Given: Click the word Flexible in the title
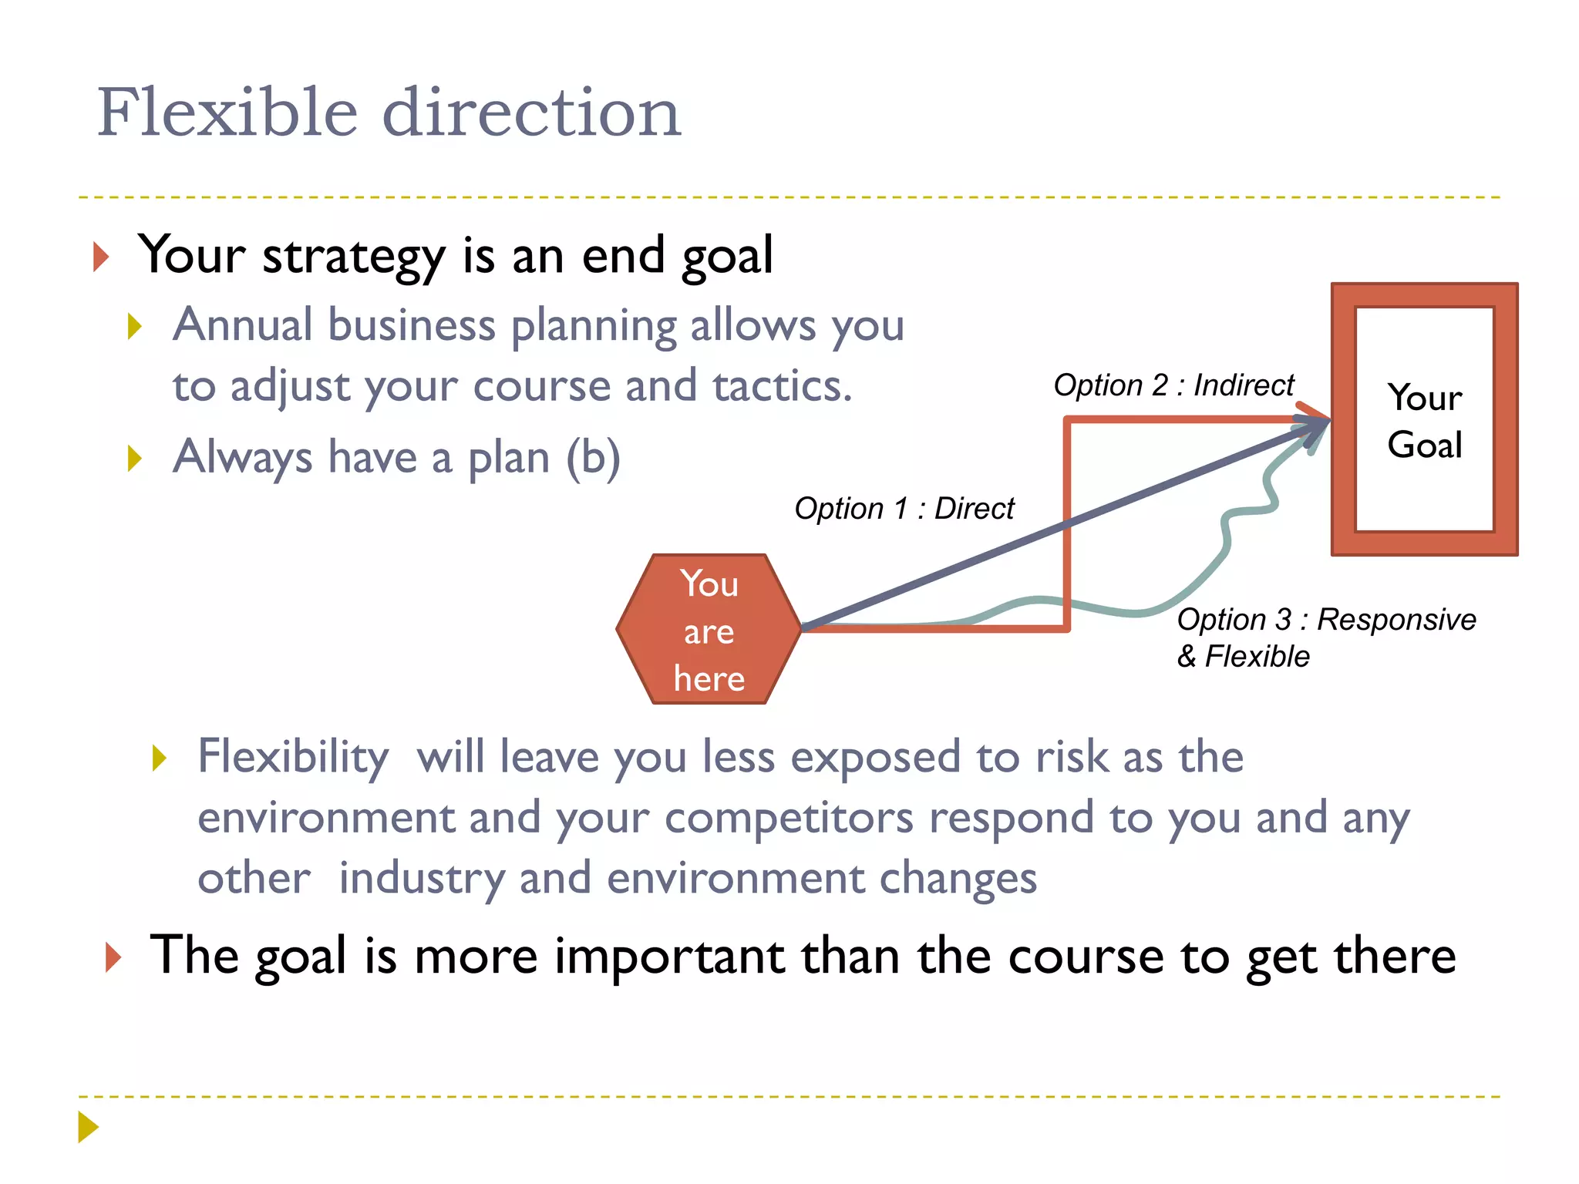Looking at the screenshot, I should [x=227, y=113].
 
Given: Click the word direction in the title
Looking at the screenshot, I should [x=531, y=113].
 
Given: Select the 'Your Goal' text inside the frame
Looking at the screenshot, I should [x=1424, y=421].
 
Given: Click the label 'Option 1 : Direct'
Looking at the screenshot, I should [x=904, y=509].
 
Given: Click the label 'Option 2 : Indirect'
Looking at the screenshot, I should [x=1173, y=385].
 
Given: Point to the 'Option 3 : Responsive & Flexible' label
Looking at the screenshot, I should [x=1325, y=637].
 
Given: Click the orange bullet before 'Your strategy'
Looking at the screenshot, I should [x=101, y=257].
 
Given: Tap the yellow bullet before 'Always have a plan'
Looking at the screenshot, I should [x=135, y=458].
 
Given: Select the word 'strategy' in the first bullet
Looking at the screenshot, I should [x=353, y=257].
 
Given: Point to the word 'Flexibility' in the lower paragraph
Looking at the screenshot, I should [x=293, y=757].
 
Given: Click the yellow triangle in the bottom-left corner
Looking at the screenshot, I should [x=88, y=1127].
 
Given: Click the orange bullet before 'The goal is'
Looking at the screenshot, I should [x=113, y=957].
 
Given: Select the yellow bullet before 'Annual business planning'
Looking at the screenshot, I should [x=135, y=326].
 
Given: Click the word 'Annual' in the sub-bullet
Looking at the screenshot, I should [x=242, y=325].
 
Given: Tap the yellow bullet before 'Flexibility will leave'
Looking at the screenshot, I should [x=160, y=758].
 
